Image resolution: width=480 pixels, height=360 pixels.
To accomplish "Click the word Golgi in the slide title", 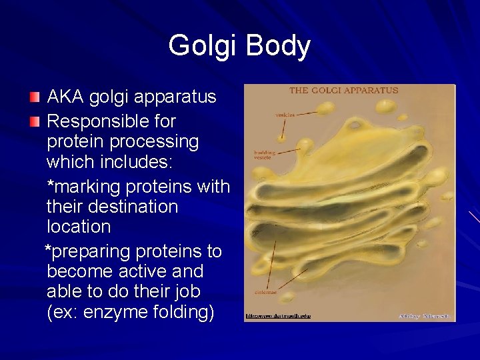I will click(203, 47).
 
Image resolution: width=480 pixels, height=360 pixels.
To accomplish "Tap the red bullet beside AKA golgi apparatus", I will click(35, 97).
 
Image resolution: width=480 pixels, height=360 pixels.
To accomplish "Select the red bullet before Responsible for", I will click(35, 122).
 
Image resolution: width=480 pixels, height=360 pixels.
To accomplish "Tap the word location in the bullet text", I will click(79, 227).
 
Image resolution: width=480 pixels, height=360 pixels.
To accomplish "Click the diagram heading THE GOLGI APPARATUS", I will click(343, 91).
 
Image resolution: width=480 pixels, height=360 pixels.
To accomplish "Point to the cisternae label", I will click(266, 291).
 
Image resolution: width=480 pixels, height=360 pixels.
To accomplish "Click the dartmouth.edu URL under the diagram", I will click(278, 315).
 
